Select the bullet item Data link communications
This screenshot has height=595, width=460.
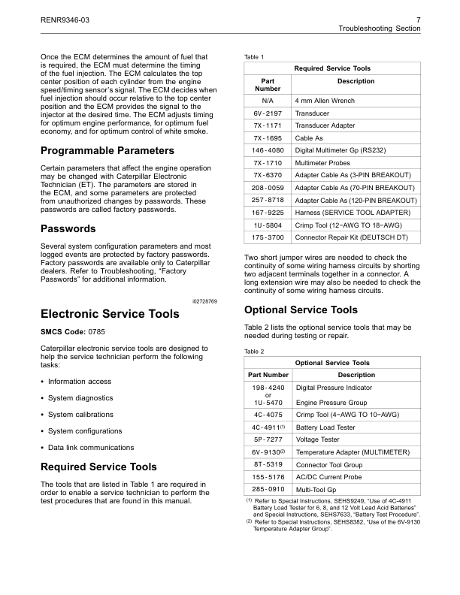[84, 448]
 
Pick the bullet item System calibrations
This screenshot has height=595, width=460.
[80, 414]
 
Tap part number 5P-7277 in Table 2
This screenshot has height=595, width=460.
[268, 439]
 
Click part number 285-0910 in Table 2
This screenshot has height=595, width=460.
[268, 490]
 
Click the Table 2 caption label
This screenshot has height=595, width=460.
[255, 351]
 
